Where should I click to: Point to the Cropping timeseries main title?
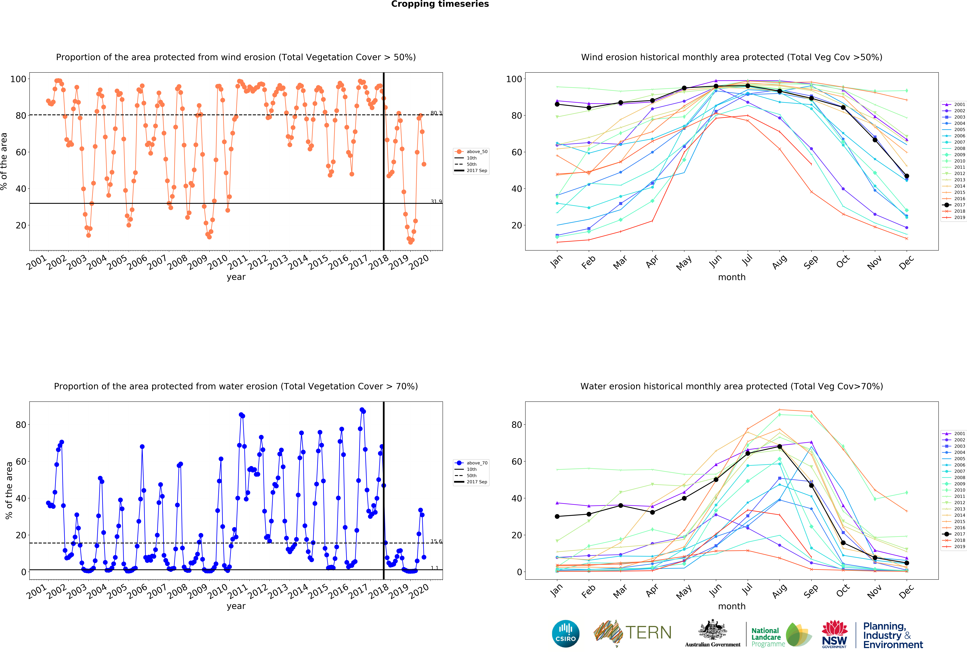[x=440, y=4]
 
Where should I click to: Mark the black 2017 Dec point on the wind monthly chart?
[x=907, y=176]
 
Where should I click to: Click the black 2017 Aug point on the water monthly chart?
[x=779, y=446]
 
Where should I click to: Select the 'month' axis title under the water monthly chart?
[x=731, y=606]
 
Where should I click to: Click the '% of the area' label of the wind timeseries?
[x=4, y=161]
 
